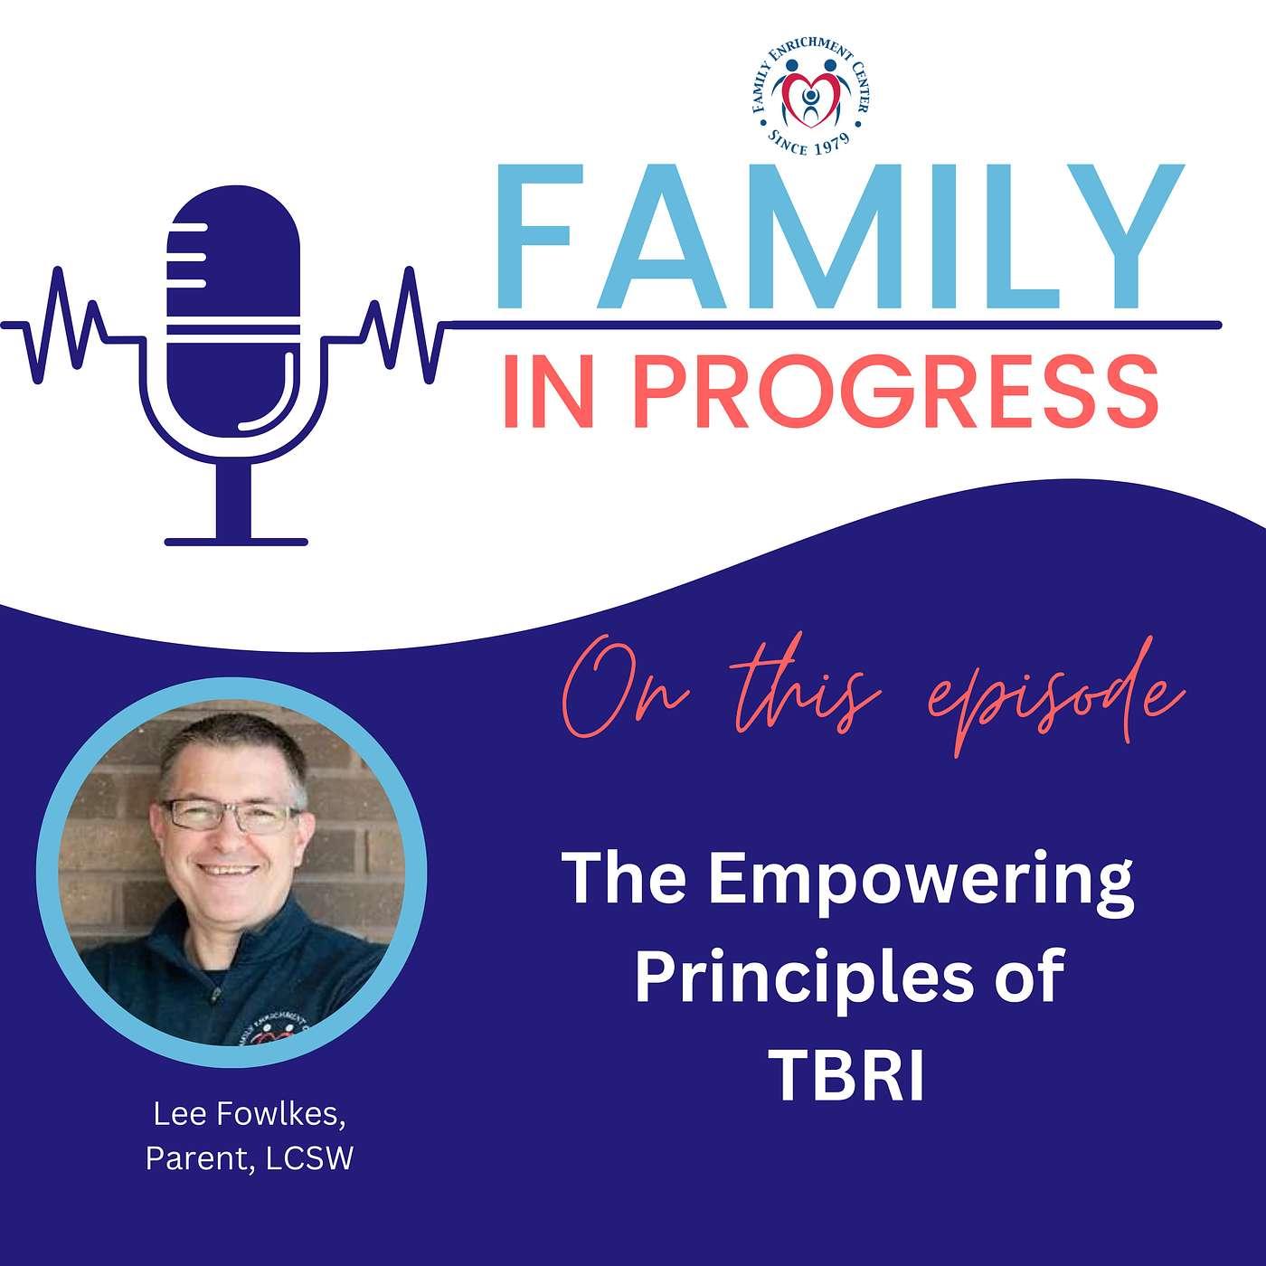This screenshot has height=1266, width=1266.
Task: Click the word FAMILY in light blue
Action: [836, 238]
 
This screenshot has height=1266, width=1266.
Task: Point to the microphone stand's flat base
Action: [236, 542]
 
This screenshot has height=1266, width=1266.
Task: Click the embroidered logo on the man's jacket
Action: [271, 1032]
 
